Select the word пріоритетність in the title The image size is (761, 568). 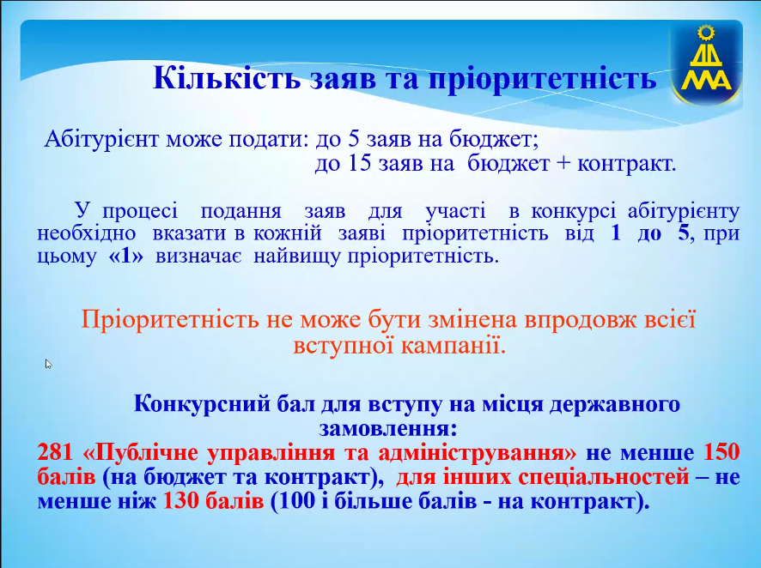(543, 79)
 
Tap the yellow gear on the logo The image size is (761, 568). (706, 33)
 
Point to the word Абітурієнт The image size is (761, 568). (102, 140)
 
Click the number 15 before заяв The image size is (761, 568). (360, 164)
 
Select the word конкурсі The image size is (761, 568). (573, 211)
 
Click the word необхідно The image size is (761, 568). (86, 233)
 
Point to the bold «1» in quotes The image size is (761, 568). (126, 256)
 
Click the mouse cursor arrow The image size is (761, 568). (48, 364)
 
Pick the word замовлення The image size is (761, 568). (387, 428)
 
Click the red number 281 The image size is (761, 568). (55, 452)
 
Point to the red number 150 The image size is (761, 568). (721, 452)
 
